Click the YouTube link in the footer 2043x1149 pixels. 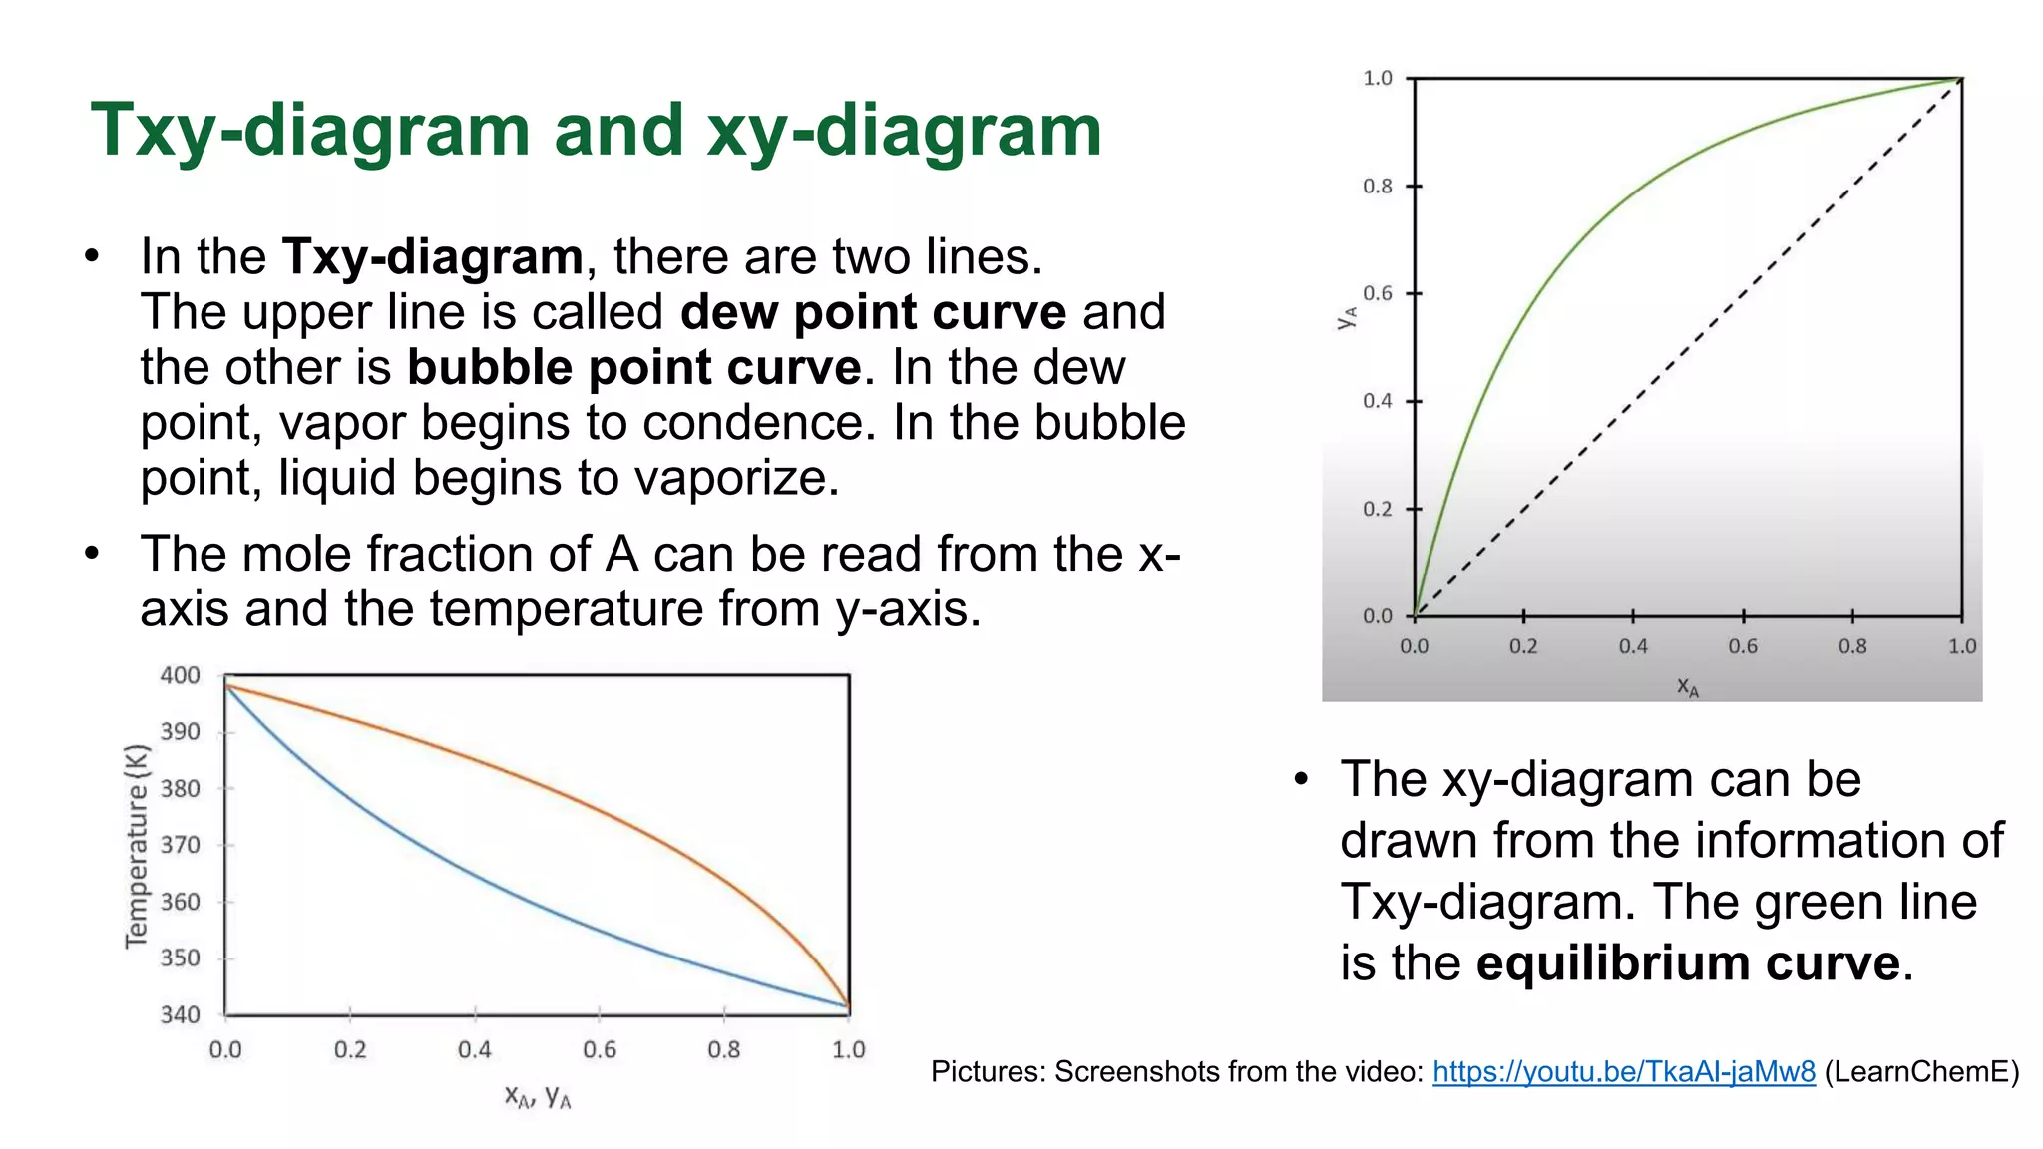pos(1623,1071)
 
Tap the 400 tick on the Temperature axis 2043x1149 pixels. pos(181,675)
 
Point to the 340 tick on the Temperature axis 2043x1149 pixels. pos(181,1014)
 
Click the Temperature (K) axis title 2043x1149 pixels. pos(137,846)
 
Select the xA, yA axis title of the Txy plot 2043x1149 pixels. pos(537,1097)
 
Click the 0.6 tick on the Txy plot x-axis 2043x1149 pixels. pos(600,1049)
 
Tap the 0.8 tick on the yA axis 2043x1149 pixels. pos(1378,186)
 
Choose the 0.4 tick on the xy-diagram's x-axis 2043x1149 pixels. pos(1633,646)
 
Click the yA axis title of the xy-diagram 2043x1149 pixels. pos(1347,317)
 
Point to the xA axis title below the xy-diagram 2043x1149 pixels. pos(1687,686)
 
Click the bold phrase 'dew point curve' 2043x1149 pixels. pos(873,312)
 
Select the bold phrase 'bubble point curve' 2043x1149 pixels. pos(633,367)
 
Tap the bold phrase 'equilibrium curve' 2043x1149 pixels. pos(1688,963)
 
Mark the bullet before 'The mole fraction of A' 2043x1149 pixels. pos(93,553)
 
